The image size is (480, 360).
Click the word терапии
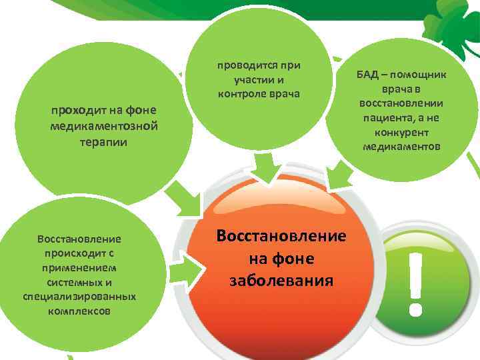(103, 142)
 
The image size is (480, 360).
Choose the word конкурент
(401, 131)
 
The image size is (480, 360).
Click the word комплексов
(79, 310)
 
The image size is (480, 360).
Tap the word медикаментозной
(103, 127)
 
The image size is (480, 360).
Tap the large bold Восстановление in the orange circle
(281, 237)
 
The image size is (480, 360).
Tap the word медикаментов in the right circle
(401, 145)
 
